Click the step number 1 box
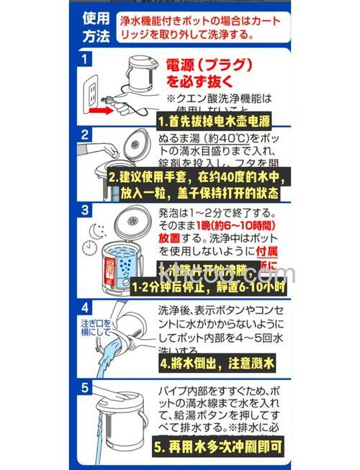[x=86, y=58]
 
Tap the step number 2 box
[x=86, y=135]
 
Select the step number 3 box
[x=86, y=211]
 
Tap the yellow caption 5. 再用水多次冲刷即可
[x=222, y=445]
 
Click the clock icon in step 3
[x=91, y=248]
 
